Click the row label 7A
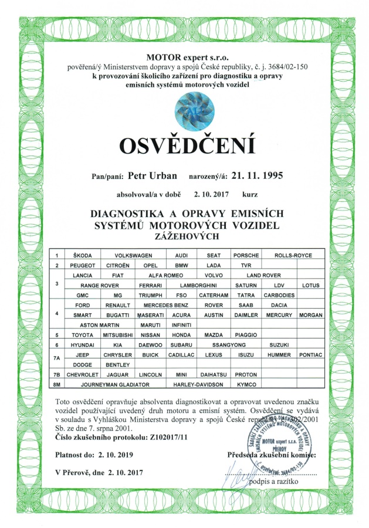[56, 359]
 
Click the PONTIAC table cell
[311, 354]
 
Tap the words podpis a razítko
[275, 482]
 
